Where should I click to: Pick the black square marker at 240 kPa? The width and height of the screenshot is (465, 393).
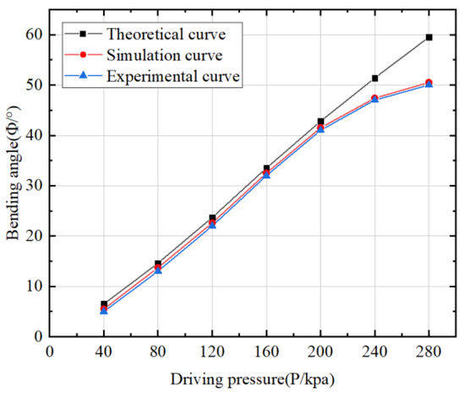[375, 78]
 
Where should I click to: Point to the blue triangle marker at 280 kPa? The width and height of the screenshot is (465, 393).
[429, 85]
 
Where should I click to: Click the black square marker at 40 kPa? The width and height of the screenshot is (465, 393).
[104, 303]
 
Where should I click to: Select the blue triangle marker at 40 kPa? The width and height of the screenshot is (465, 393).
[104, 311]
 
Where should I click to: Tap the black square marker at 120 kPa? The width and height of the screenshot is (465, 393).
[212, 218]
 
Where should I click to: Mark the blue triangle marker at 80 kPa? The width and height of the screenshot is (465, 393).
[158, 270]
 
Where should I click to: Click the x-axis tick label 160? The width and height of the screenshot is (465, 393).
[266, 351]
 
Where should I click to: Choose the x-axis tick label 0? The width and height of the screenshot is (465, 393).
[50, 351]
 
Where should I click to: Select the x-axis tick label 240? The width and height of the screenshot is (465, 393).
[375, 351]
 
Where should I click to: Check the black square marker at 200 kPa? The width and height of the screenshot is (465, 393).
[320, 122]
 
